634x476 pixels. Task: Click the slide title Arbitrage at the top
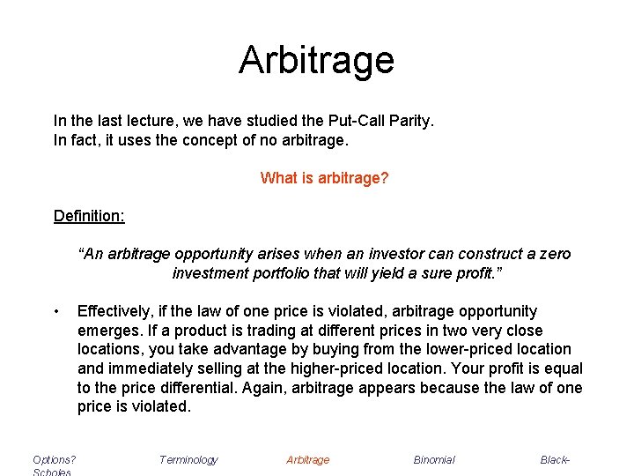(316, 60)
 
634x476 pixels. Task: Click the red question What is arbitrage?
(324, 178)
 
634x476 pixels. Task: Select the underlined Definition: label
(89, 216)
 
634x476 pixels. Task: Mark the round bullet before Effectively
(57, 311)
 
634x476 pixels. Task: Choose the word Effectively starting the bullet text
(115, 311)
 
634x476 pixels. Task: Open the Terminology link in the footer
(188, 459)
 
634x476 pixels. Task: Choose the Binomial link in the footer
(434, 459)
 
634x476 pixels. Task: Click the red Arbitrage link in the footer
(308, 459)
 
